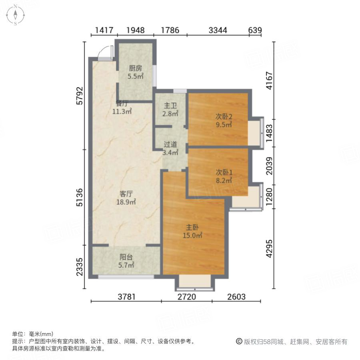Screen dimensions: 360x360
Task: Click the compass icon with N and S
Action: click(15, 15)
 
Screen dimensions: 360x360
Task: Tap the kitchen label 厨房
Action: click(135, 68)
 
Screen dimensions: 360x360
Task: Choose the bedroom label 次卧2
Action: click(224, 117)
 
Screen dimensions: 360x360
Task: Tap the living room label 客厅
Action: click(126, 194)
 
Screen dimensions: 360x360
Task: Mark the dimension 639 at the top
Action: click(255, 30)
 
